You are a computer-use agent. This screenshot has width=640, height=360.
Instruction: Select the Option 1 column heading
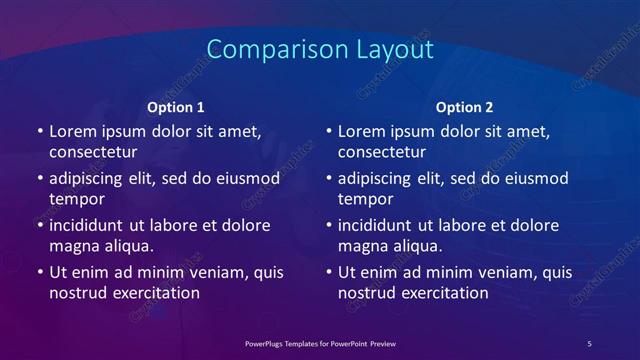click(176, 107)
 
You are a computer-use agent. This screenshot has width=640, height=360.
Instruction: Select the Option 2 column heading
click(465, 107)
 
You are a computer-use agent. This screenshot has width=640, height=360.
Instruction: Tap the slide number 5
click(589, 344)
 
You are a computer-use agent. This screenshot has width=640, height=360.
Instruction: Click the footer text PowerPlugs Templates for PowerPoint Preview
click(320, 344)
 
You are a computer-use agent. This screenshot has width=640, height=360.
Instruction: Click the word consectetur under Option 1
click(93, 152)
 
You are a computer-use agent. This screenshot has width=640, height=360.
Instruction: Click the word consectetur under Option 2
click(382, 152)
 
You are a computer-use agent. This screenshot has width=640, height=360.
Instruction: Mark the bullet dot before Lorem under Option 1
click(39, 132)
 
